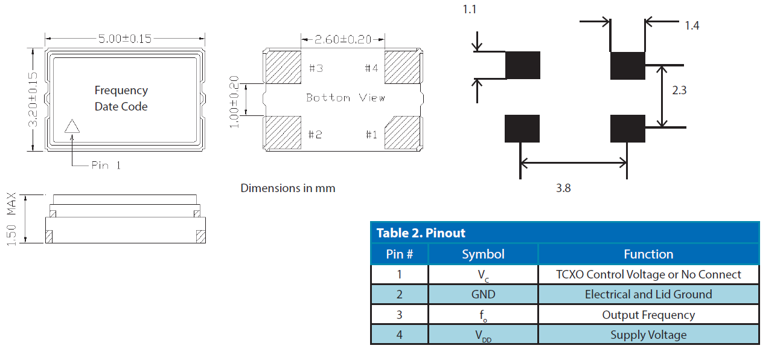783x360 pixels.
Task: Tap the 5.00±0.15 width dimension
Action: point(125,39)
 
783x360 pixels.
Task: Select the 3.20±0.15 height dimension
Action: point(34,100)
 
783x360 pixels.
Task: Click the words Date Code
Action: point(121,106)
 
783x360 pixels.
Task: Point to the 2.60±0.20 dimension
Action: point(343,39)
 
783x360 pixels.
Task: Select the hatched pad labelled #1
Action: point(403,133)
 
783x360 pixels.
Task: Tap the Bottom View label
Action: point(345,97)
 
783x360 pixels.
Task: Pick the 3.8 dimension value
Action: point(563,188)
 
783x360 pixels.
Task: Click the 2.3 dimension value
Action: point(679,91)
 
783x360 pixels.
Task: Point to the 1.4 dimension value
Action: point(692,25)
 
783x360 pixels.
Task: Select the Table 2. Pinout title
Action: point(421,233)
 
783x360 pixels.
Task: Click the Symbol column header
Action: point(483,254)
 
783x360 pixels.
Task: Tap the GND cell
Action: point(483,294)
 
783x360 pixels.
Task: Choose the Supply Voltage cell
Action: point(648,335)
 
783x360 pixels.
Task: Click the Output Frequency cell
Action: point(648,315)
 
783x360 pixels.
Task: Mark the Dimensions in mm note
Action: point(288,188)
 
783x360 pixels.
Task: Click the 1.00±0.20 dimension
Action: point(235,101)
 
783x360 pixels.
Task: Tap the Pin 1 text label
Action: point(106,165)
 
